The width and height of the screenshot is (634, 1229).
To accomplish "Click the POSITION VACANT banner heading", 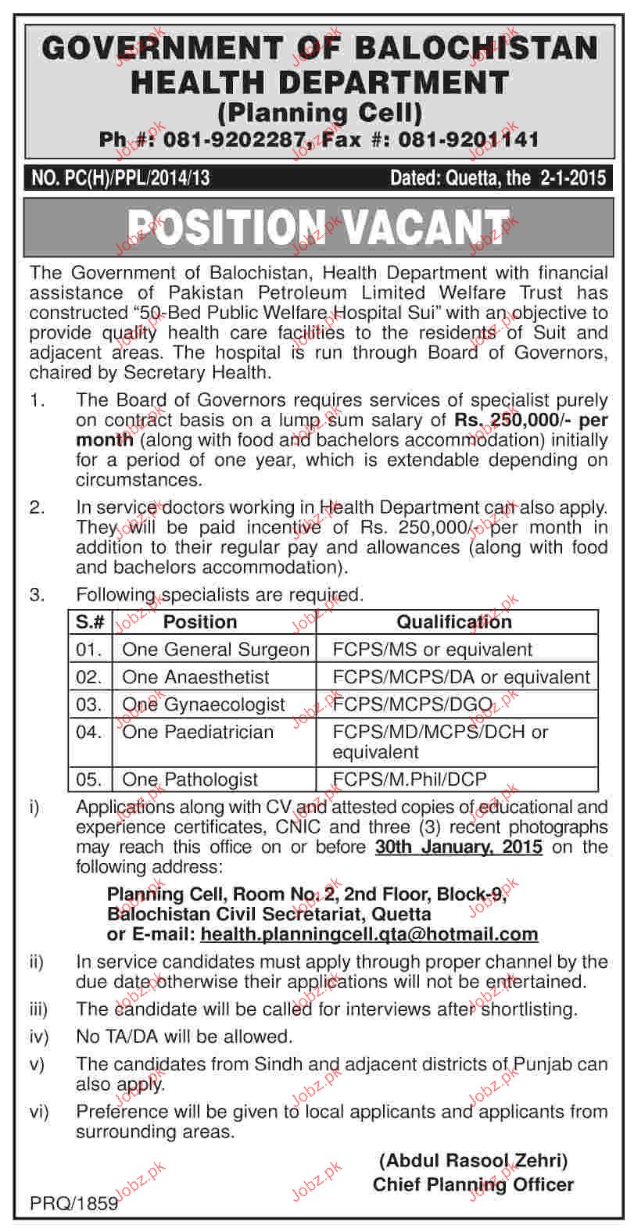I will pos(316,228).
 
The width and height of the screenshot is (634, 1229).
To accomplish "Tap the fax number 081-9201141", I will pos(468,140).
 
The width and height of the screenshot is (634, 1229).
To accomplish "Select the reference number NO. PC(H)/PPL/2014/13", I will pos(121,178).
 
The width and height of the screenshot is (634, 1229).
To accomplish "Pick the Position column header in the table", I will pos(199,622).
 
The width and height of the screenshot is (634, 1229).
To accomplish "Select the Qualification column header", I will pos(454,622).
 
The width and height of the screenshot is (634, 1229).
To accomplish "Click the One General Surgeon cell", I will pos(216,649).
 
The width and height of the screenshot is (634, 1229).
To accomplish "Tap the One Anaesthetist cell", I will pos(195,676).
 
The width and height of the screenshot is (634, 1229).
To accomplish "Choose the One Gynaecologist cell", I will pos(204,704).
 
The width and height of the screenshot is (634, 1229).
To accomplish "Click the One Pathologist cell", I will pos(190,779).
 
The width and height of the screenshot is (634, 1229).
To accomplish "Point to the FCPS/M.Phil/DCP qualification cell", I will pos(410,779).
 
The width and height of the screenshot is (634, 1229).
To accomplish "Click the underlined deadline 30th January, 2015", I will pos(458,847).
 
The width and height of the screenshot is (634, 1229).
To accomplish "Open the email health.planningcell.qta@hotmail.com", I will pos(369,933).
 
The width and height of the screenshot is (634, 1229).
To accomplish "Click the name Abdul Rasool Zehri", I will pos(473,1161).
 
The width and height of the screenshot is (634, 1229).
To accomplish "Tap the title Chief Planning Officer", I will pos(473,1184).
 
